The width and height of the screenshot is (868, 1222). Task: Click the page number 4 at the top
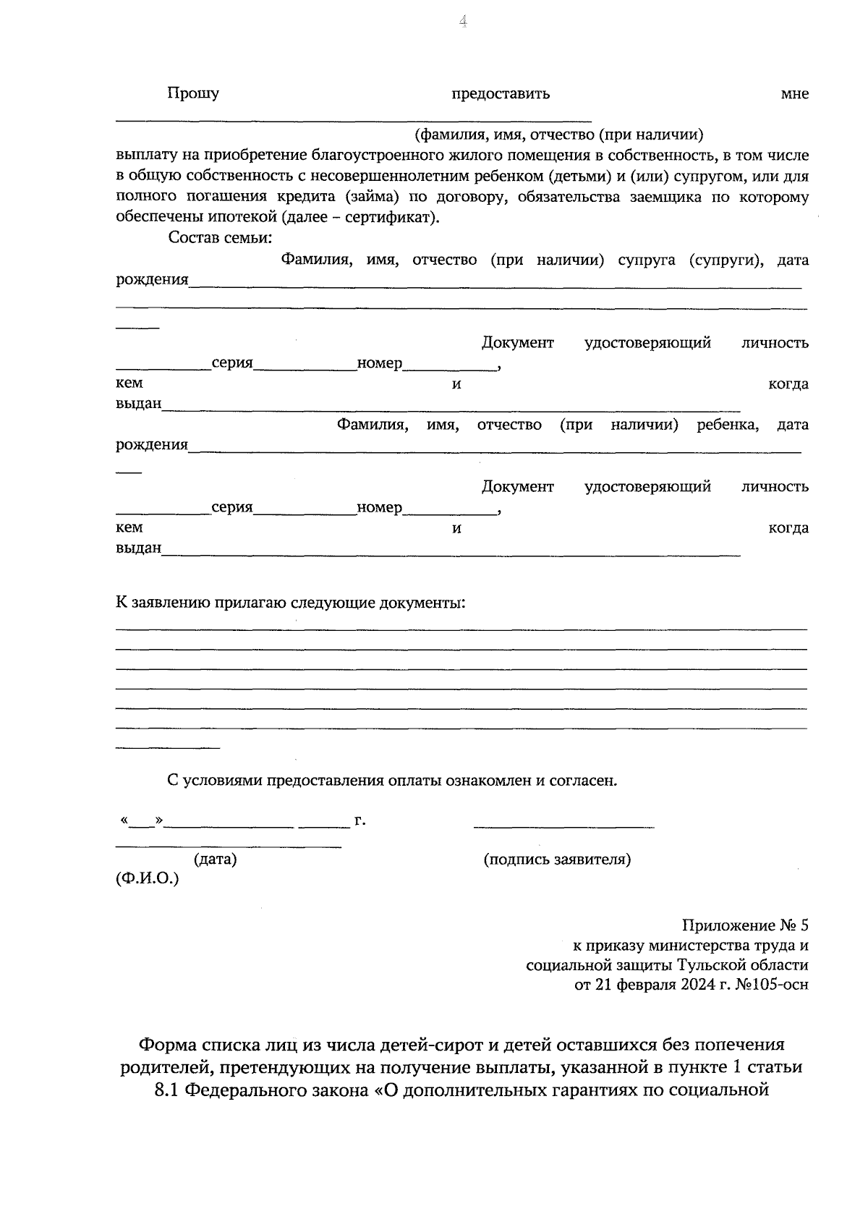click(x=463, y=22)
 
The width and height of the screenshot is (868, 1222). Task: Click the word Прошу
click(x=193, y=93)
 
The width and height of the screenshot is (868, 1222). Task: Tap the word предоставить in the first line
click(x=501, y=94)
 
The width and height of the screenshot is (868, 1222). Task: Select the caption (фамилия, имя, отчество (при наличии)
click(x=558, y=135)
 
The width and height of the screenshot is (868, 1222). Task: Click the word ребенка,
click(x=727, y=425)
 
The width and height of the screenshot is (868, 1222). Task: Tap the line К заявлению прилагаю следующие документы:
click(x=291, y=602)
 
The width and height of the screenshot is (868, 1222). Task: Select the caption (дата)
click(x=215, y=860)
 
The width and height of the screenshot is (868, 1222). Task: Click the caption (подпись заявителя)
click(x=557, y=860)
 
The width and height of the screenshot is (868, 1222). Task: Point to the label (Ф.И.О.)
click(x=147, y=879)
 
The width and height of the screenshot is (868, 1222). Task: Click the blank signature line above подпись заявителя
click(x=563, y=826)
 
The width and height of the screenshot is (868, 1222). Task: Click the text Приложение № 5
click(x=744, y=926)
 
